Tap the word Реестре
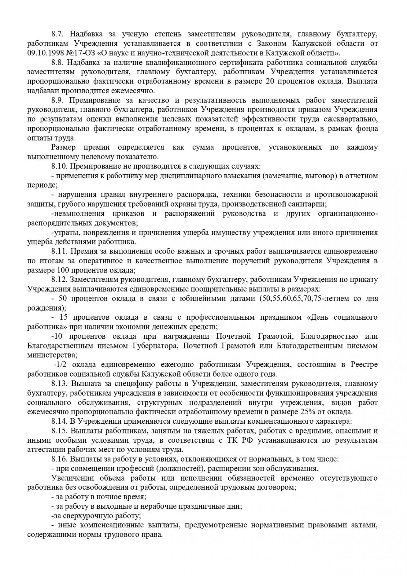364,364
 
